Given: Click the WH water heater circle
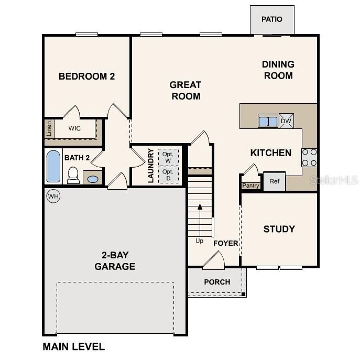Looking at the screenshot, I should (53, 196).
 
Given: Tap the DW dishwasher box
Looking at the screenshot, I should (286, 121).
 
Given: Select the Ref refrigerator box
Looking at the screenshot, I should (274, 181).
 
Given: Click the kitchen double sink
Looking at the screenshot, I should (268, 121).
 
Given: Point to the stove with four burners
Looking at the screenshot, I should (309, 157).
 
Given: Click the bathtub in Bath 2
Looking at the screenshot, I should (53, 167).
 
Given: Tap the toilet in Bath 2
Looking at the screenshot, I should (73, 176).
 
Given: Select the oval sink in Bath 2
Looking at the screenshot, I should (93, 179).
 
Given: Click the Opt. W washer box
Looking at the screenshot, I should (168, 157).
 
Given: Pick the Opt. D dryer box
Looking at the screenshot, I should (168, 175).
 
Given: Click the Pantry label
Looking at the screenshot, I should (250, 186).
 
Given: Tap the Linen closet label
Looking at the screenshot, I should (49, 128).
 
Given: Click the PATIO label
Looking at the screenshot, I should (271, 19).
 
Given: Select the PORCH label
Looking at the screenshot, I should (217, 282).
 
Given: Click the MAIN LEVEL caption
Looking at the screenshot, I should (73, 346).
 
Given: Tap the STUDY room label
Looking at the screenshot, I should (279, 229).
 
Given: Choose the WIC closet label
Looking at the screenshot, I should (74, 128).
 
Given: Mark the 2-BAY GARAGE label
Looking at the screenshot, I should (115, 261).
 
